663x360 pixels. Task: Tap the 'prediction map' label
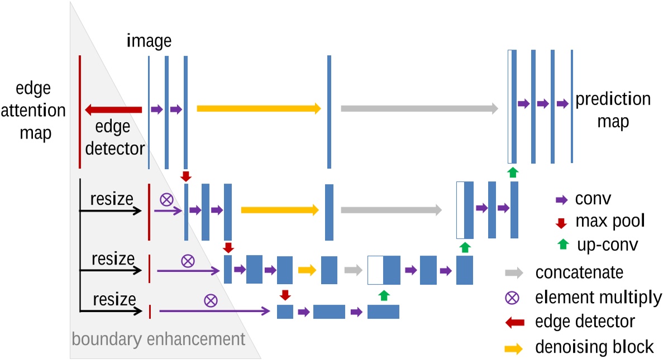613,110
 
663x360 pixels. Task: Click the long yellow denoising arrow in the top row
259,109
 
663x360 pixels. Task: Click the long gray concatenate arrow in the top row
419,109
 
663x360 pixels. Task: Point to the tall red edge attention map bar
80,112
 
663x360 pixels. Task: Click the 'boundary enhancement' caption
159,339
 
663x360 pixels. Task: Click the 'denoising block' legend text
594,347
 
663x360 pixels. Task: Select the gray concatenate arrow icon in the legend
513,273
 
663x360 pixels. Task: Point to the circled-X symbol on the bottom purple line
211,301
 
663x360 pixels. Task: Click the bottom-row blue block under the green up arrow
383,311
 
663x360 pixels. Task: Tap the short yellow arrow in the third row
307,270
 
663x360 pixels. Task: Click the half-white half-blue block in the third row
384,270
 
